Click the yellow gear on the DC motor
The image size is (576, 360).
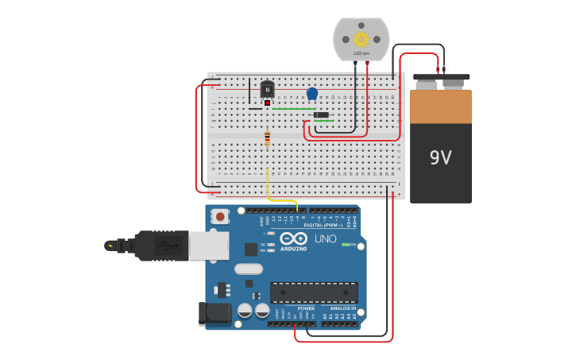361,38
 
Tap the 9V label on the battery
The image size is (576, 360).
440,157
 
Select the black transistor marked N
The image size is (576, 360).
267,91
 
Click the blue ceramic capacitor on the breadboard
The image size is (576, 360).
312,93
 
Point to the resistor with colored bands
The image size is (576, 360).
267,138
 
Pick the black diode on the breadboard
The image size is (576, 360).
321,115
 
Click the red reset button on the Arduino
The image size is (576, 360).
219,215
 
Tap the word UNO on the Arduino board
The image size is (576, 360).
325,238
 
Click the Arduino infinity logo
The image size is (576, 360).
293,238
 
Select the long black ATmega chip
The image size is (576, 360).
313,292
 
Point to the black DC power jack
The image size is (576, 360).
213,313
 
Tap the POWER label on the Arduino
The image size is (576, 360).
306,308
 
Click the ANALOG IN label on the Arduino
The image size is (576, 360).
342,308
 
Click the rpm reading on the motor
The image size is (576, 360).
361,53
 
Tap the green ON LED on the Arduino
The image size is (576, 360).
346,245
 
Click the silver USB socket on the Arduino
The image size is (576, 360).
208,246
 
